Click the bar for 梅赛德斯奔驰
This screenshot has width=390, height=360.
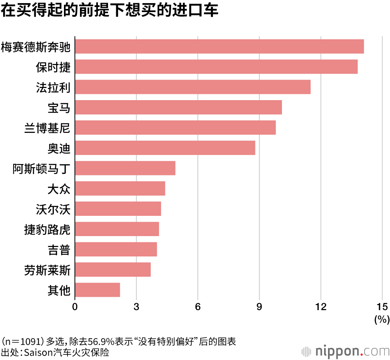coord(219,46)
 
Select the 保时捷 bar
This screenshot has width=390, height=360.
coord(216,67)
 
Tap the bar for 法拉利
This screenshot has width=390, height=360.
coord(193,87)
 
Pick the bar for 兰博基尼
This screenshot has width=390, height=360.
coord(175,127)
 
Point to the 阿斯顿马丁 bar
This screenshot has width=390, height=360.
coord(125,168)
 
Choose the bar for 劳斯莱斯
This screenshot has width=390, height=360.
coord(113,270)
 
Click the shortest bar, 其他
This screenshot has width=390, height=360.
coord(97,290)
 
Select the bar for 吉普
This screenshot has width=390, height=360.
coord(116,249)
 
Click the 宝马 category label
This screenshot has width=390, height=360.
coord(58,108)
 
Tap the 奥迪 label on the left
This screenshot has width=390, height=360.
coord(58,148)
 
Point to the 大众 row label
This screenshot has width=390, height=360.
coord(58,189)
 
